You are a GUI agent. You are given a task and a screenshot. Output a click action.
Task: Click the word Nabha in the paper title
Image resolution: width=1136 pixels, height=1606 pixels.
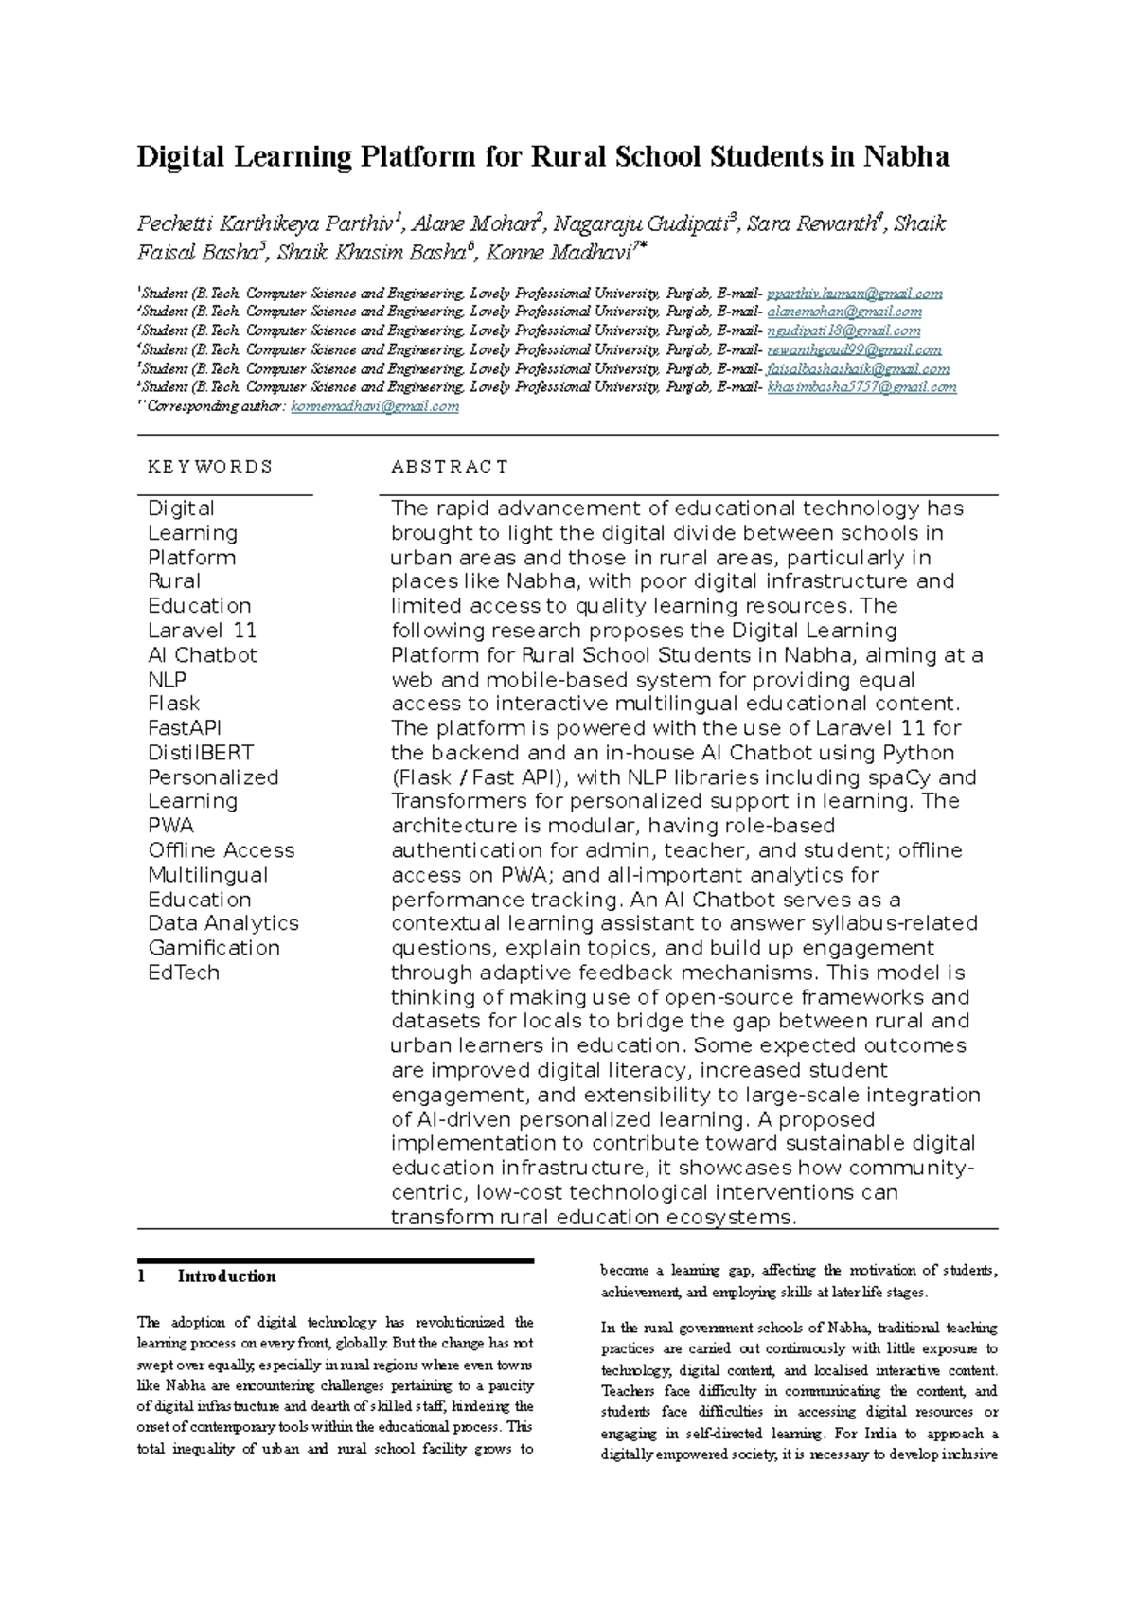(905, 156)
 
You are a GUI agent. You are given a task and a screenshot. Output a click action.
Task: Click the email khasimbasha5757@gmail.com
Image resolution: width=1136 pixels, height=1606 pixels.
(861, 387)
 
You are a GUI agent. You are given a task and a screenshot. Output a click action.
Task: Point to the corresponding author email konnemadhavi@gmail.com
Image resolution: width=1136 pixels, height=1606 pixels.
(375, 406)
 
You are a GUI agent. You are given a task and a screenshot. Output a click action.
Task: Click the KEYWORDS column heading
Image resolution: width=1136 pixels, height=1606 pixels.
(210, 467)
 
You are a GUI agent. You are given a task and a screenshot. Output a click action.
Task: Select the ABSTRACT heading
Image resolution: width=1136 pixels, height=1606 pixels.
(450, 467)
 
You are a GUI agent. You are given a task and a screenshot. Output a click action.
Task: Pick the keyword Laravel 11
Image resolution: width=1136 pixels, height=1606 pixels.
(202, 631)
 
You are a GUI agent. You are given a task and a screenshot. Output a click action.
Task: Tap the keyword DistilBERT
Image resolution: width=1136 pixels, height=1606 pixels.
(201, 753)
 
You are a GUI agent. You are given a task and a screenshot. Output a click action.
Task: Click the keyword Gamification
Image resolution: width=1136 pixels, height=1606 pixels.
(214, 948)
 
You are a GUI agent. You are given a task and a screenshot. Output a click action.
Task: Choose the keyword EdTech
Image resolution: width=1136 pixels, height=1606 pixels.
(184, 973)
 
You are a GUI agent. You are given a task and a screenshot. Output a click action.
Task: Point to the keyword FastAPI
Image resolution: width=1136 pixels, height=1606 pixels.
(185, 728)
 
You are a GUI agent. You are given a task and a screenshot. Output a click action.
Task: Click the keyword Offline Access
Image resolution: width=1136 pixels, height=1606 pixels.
(222, 850)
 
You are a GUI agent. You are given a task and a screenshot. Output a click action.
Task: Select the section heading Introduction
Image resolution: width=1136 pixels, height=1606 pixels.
(226, 1276)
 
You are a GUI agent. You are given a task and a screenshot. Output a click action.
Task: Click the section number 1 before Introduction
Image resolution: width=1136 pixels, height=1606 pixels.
(141, 1276)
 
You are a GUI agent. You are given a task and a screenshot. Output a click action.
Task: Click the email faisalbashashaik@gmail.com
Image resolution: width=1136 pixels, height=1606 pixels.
(858, 368)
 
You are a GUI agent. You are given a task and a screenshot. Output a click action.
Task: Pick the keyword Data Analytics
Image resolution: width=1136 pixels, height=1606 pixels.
(223, 923)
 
